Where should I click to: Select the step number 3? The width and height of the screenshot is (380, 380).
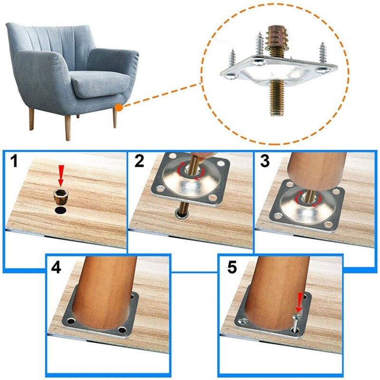coord(265,162)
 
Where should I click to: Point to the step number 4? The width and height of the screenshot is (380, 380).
coord(57,267)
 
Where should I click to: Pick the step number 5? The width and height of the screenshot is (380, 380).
coord(232,267)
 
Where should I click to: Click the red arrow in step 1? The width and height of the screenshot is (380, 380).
coord(60,175)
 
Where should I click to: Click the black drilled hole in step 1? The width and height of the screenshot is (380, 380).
coord(60,210)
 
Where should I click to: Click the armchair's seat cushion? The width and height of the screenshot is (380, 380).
coord(100,85)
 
